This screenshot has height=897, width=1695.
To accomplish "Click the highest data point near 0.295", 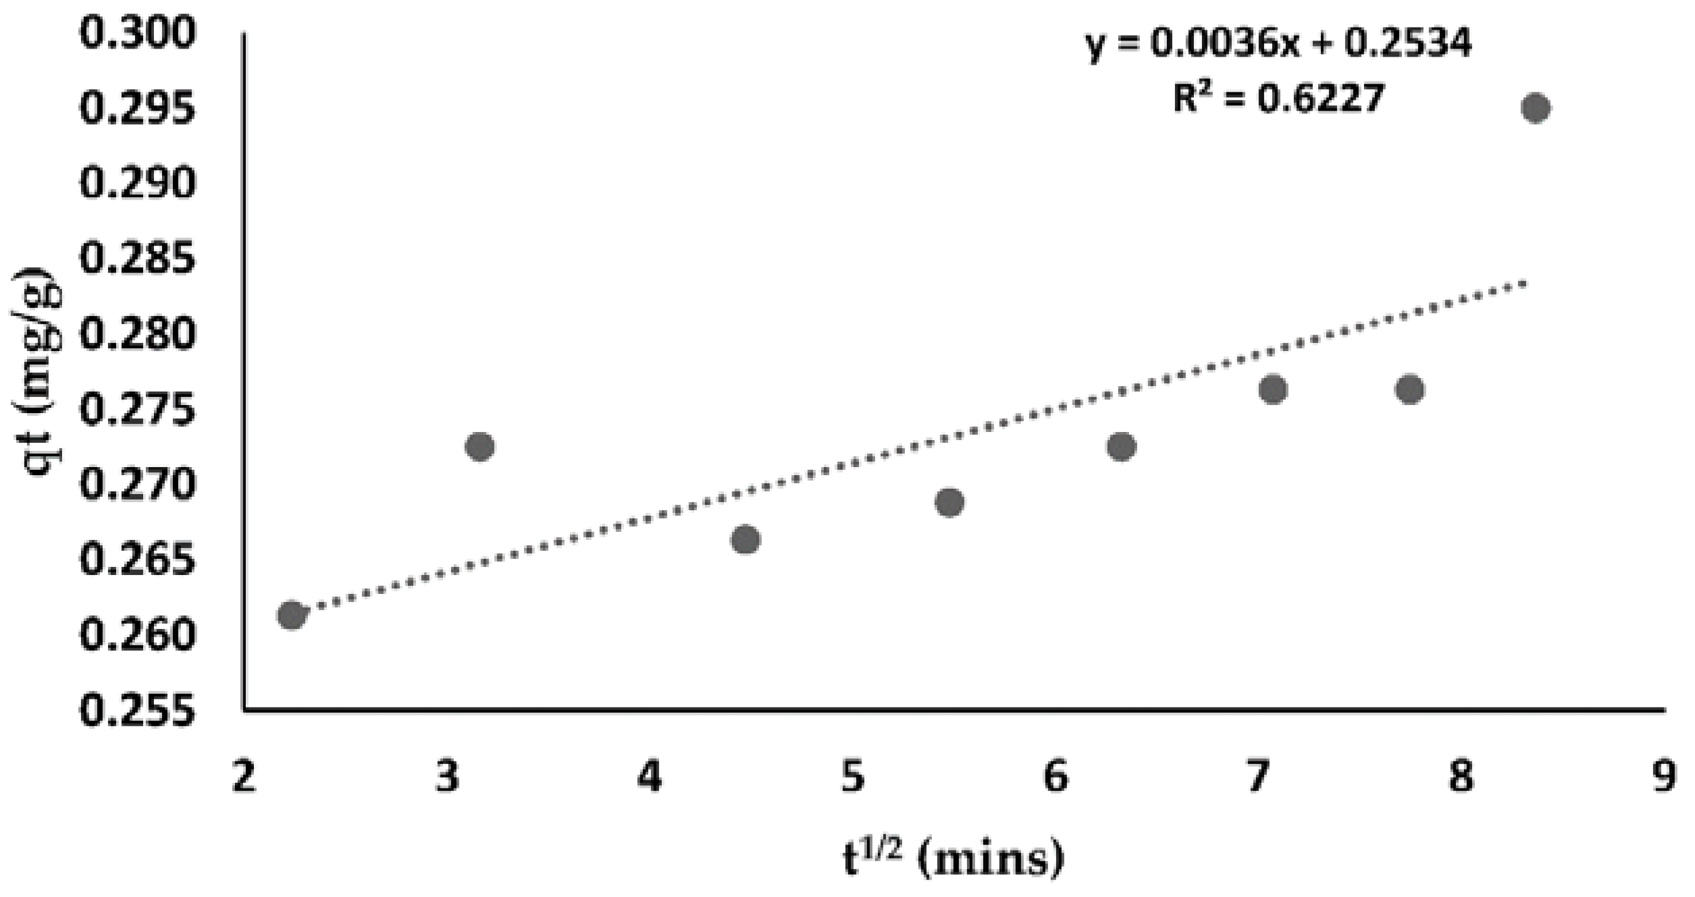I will tap(1535, 108).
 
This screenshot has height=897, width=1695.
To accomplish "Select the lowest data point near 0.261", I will tap(291, 615).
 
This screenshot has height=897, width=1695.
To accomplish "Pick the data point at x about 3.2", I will tap(480, 447).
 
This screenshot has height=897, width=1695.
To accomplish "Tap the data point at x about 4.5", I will tap(746, 539).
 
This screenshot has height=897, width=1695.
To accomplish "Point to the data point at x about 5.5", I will tap(949, 502).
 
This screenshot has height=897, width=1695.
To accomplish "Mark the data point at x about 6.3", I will tap(1122, 447).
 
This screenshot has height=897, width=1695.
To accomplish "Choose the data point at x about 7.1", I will tap(1273, 389).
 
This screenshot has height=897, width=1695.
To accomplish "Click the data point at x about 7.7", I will tap(1410, 389).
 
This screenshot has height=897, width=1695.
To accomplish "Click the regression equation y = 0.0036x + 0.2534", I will tap(1278, 43).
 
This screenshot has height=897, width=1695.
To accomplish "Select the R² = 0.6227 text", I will tap(1278, 99).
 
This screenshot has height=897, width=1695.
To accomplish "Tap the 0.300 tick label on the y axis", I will tap(138, 32).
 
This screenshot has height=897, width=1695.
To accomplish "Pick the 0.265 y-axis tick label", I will tap(138, 560).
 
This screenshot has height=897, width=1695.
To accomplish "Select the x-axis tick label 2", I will tap(244, 777).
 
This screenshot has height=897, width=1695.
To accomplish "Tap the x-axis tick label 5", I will tap(853, 777).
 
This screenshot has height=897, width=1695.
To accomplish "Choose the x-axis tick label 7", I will tap(1258, 777).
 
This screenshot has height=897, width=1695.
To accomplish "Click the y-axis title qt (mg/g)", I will tap(37, 371).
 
